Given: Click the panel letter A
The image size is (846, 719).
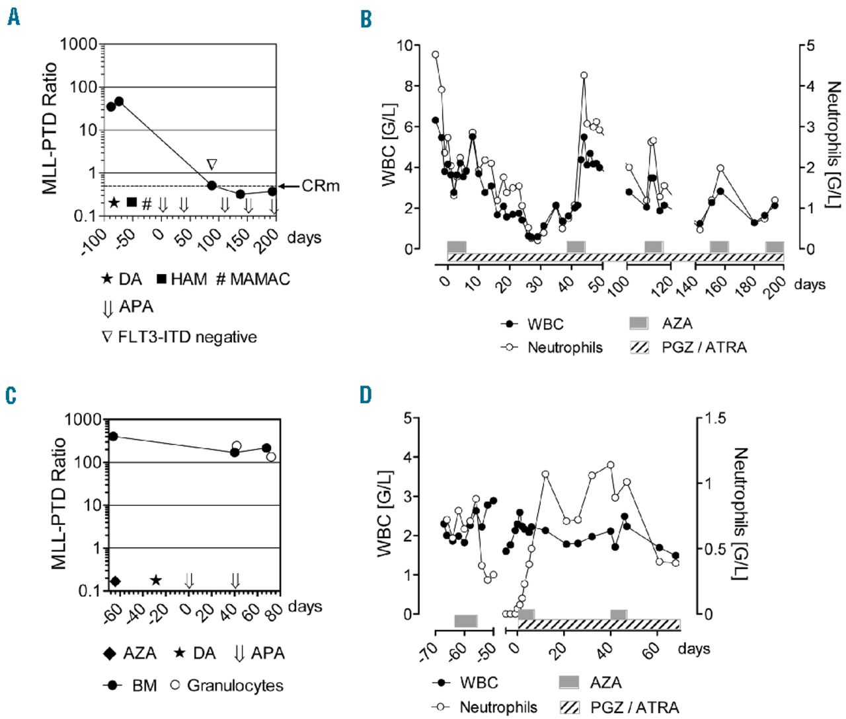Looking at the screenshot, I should tap(13, 18).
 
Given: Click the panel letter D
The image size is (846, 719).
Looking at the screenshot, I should tap(365, 395).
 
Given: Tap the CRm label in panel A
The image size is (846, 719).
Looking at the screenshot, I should tap(321, 186).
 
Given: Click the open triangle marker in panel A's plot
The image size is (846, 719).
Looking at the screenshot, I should tap(211, 164).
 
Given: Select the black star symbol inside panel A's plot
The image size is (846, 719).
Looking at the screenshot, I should tap(114, 202).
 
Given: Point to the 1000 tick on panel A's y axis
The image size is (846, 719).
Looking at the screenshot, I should tap(77, 45).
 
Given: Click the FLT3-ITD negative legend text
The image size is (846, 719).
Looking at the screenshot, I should tap(187, 337).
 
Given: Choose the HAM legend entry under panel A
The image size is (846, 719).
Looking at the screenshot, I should tap(188, 279).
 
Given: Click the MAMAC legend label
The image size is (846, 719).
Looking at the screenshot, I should tap(259, 279).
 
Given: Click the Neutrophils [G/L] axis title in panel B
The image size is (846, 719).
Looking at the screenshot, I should tap(833, 145).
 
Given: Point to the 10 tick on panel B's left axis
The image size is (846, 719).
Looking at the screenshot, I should tap(404, 46).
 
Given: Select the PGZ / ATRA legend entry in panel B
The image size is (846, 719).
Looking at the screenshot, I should tap(704, 347).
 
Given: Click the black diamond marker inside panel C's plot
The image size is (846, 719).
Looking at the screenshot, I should tap(115, 581).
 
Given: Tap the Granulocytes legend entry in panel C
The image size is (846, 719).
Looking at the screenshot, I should tap(235, 685).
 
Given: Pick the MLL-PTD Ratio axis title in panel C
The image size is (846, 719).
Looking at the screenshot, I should tap(59, 503).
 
